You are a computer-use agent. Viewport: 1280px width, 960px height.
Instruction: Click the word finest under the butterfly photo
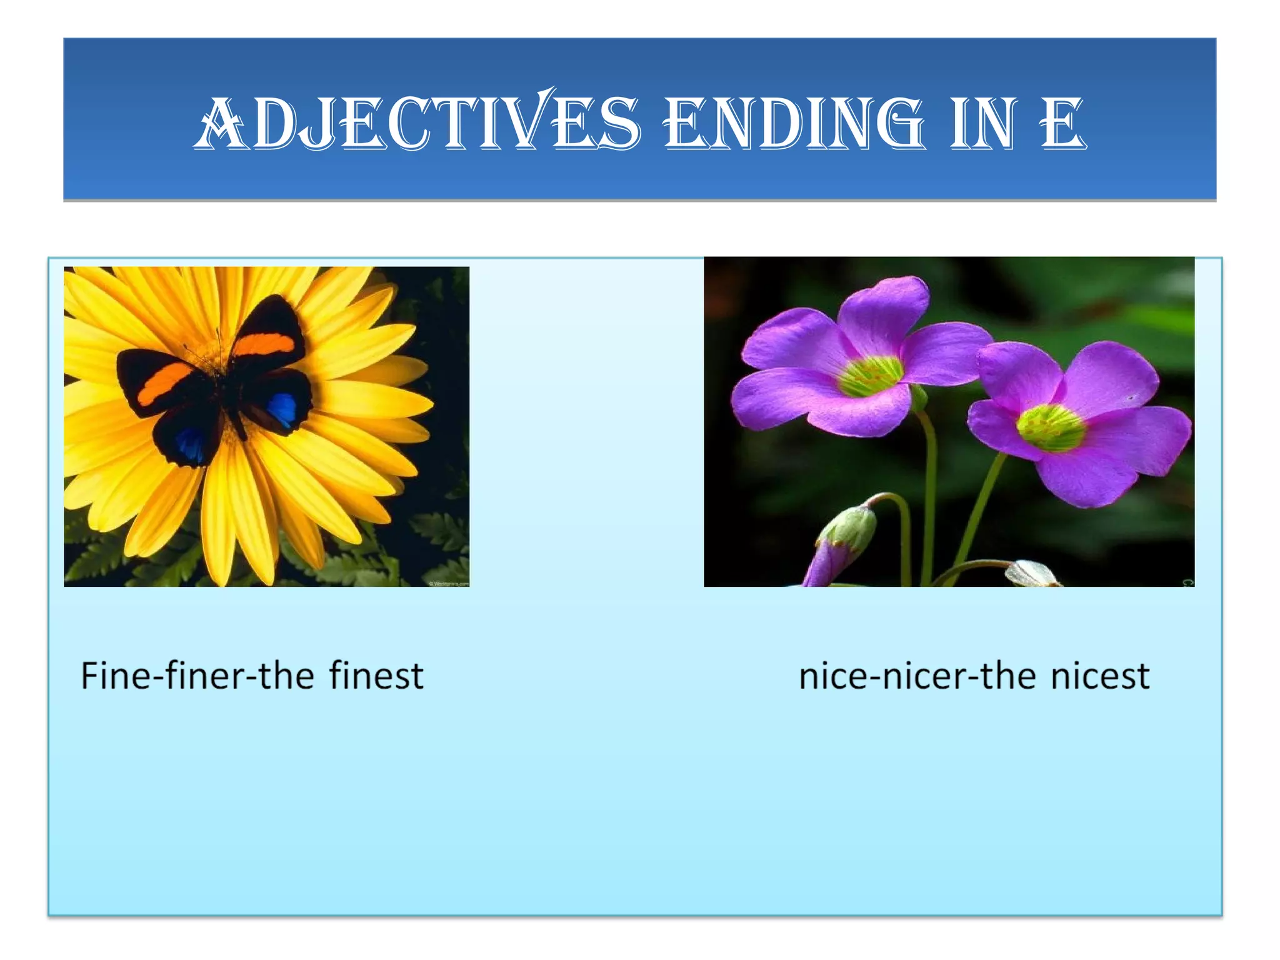(x=376, y=676)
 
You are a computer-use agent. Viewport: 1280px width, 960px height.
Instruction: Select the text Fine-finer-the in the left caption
(x=197, y=676)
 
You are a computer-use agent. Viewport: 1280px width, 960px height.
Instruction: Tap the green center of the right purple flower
(x=1051, y=428)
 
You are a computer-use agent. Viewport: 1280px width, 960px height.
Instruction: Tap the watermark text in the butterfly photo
(x=448, y=583)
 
